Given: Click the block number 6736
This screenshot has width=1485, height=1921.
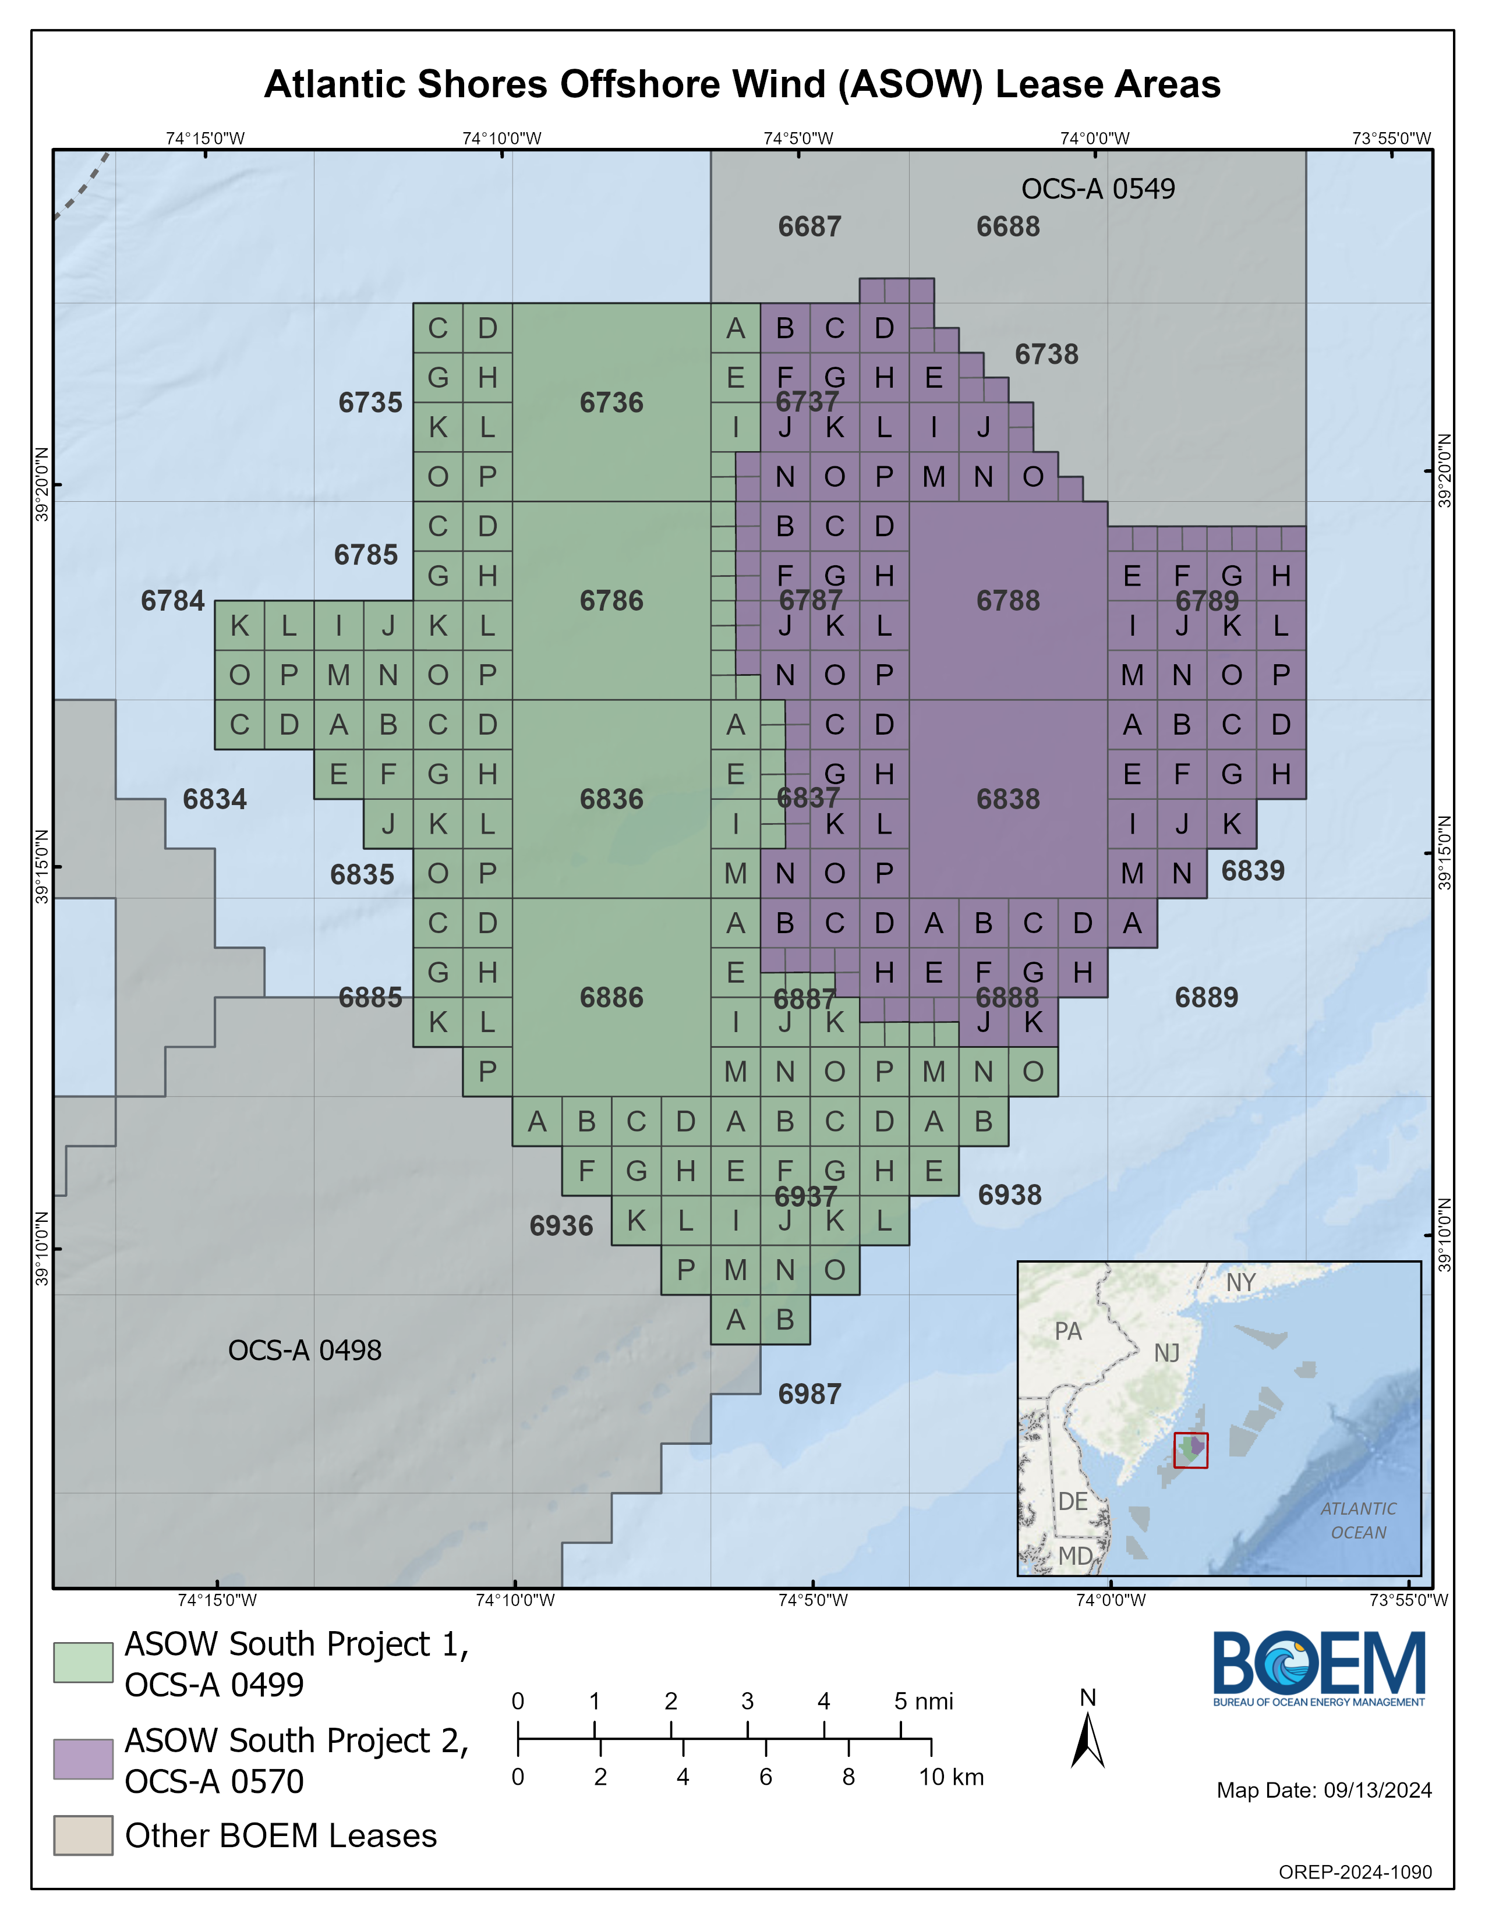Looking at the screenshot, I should [x=611, y=403].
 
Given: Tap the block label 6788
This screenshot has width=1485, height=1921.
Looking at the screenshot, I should [x=1008, y=601].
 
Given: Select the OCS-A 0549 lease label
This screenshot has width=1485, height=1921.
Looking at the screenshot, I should [x=1098, y=189].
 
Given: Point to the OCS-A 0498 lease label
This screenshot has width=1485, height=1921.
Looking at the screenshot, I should [x=305, y=1350].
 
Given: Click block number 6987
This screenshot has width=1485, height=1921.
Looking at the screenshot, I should [x=809, y=1394].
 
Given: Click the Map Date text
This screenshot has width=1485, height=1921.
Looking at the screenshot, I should [x=1324, y=1791].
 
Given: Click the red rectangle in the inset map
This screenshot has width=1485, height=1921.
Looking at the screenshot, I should [x=1190, y=1451].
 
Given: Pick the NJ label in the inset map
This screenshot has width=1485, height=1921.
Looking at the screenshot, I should [x=1168, y=1353].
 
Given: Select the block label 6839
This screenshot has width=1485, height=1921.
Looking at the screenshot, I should [x=1253, y=871].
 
